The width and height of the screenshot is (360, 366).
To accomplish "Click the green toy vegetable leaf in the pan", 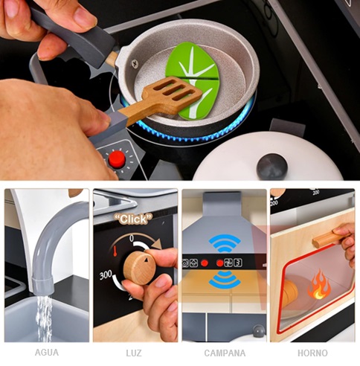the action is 193,80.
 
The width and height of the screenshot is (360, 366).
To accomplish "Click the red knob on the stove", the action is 117,159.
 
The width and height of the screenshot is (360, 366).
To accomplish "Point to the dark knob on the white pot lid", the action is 272,165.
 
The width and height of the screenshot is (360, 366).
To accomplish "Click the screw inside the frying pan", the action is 135,64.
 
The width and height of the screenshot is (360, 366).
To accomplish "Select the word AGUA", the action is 47,353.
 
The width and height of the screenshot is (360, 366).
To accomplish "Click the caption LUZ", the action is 134,353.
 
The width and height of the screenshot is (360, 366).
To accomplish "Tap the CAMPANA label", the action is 225,353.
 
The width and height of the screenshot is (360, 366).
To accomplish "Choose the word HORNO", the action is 312,353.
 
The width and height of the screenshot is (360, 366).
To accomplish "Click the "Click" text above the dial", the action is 133,219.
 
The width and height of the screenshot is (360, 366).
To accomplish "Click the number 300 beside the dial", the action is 106,275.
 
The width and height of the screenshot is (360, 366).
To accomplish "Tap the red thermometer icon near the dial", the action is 115,251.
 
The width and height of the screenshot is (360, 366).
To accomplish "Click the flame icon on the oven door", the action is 319,285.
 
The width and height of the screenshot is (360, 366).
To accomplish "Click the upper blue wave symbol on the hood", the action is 225,243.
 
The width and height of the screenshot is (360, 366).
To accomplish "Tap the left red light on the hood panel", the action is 205,263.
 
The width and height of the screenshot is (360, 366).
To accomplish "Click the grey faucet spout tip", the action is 42,286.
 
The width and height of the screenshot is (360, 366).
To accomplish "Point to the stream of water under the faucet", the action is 44,318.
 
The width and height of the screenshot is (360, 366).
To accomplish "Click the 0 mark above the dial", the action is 132,239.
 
